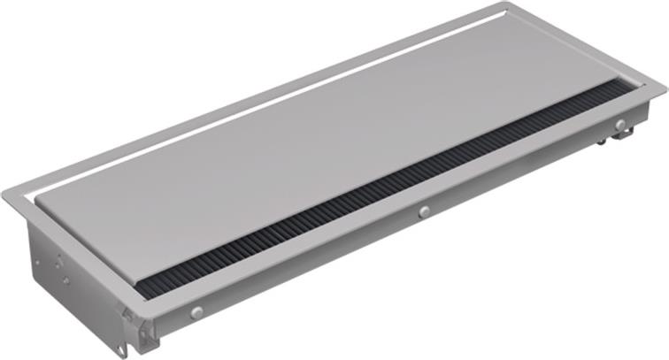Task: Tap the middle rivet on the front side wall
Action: (x=425, y=211)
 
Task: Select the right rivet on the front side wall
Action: (x=620, y=124)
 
